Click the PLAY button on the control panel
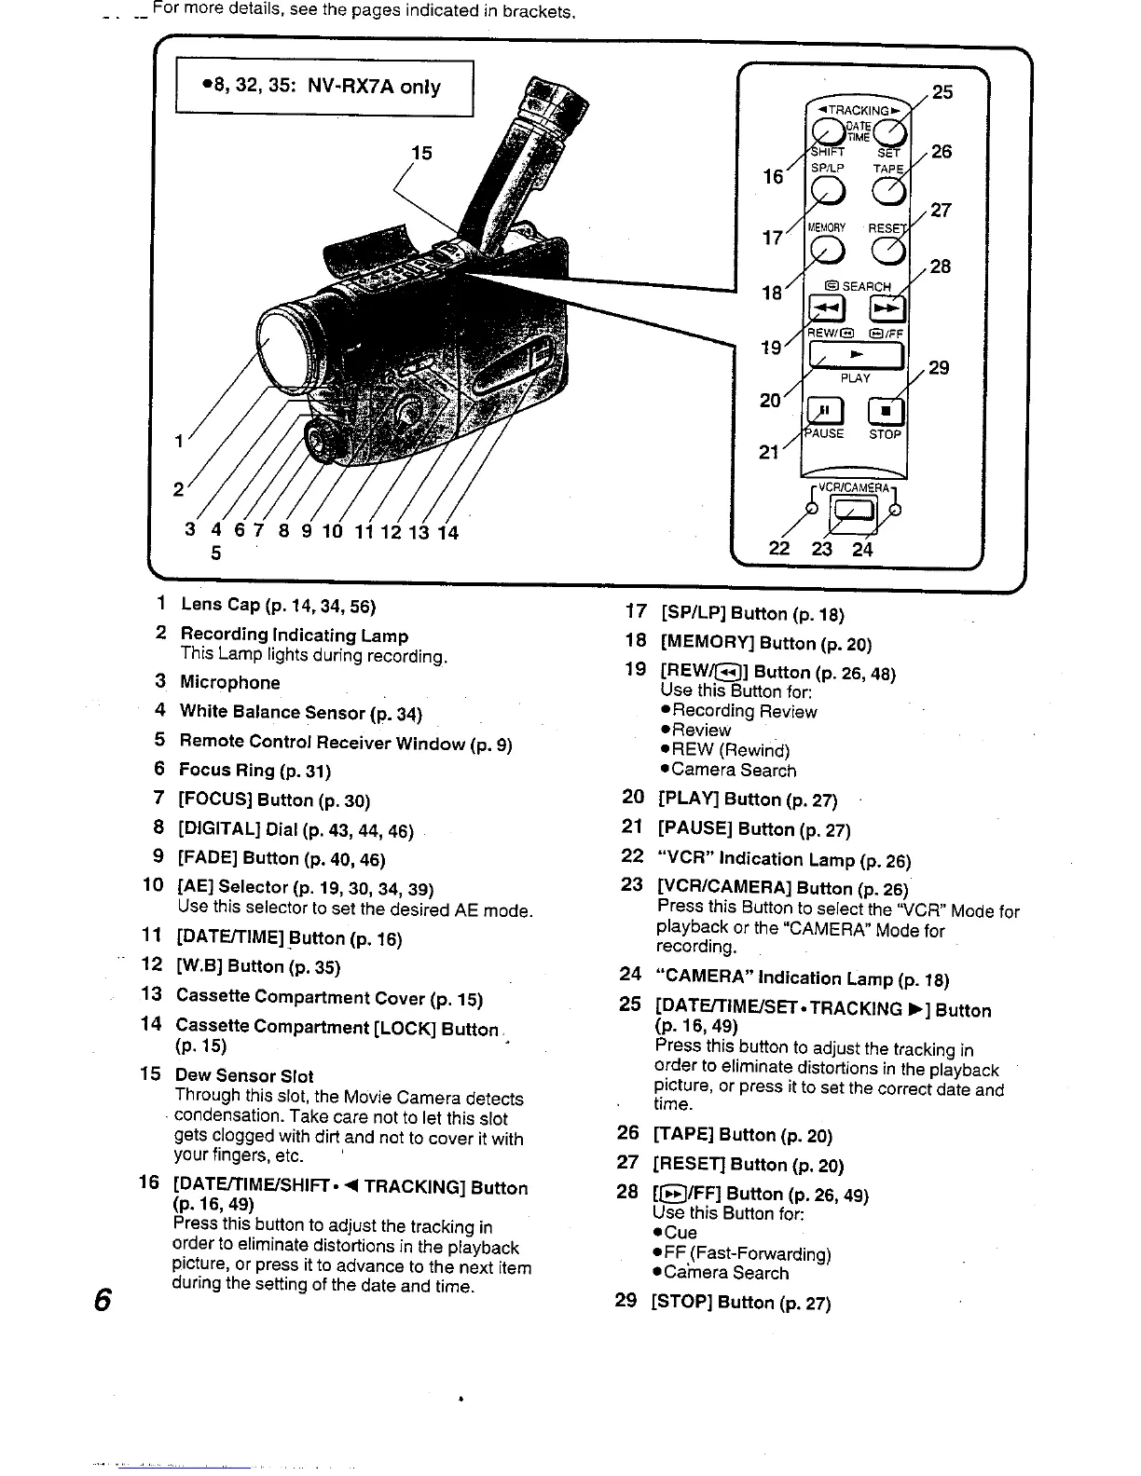(x=857, y=356)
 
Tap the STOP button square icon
(x=885, y=410)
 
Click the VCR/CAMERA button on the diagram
(x=854, y=510)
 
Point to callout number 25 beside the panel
(x=943, y=91)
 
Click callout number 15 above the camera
(x=421, y=153)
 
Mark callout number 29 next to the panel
(x=939, y=367)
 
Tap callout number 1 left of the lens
(x=178, y=442)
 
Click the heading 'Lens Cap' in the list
(x=221, y=605)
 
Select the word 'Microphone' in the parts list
(x=229, y=682)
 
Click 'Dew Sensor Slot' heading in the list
(x=244, y=1075)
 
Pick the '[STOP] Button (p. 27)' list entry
(x=740, y=1302)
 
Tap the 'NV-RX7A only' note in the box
(x=374, y=87)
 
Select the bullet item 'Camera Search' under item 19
(x=734, y=771)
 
